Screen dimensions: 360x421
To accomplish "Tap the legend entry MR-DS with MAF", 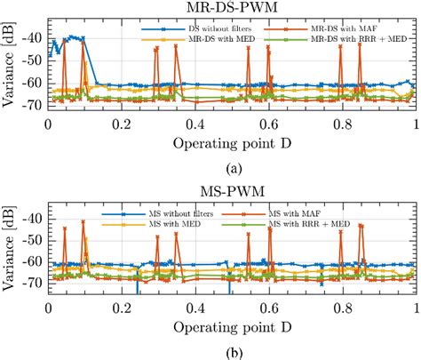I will (347, 29).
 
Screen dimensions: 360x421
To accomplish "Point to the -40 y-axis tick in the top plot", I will (32, 37).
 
